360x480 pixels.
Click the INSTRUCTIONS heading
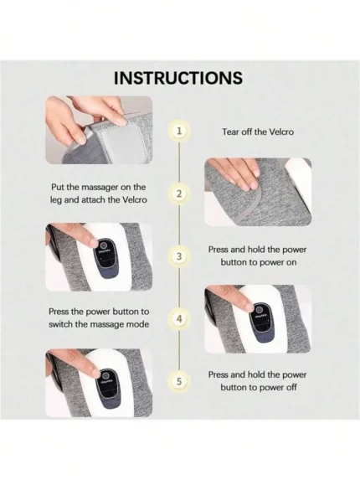pos(178,78)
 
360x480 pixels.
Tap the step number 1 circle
pos(179,132)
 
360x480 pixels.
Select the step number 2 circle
pos(179,194)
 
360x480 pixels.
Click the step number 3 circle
pos(179,256)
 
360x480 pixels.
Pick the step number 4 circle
pos(179,319)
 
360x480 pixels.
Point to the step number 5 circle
pos(179,382)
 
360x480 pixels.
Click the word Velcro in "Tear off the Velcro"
pos(281,132)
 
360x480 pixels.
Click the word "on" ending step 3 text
pos(291,262)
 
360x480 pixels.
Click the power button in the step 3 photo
pos(103,245)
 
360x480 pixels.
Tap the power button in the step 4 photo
pos(260,308)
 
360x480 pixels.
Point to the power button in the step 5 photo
pos(105,375)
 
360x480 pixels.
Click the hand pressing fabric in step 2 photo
pos(234,173)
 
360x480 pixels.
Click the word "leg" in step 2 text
pos(56,200)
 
